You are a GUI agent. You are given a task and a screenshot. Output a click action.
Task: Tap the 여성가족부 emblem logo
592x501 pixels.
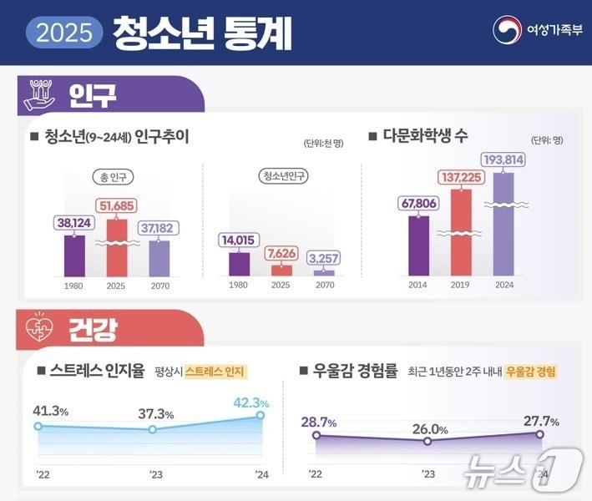[507, 32]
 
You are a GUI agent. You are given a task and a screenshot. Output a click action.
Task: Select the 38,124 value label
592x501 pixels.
[74, 224]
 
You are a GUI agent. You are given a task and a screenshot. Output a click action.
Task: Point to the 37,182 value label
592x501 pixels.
[159, 228]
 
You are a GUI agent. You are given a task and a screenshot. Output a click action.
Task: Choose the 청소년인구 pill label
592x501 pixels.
[282, 176]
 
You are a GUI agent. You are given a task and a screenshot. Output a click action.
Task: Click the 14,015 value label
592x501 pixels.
[239, 240]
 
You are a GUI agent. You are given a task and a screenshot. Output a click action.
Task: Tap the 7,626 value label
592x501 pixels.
[281, 254]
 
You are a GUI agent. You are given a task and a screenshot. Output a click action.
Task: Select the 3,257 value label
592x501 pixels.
[323, 258]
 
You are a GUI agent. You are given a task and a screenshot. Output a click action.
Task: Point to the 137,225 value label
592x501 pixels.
[461, 177]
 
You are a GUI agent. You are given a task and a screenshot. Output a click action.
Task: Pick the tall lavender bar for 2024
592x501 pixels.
[503, 224]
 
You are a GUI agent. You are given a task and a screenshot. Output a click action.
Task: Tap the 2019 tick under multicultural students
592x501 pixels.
[461, 285]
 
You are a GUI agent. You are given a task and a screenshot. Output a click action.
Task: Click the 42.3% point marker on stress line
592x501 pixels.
[261, 415]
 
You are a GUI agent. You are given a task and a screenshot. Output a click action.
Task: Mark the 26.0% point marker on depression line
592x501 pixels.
[428, 441]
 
